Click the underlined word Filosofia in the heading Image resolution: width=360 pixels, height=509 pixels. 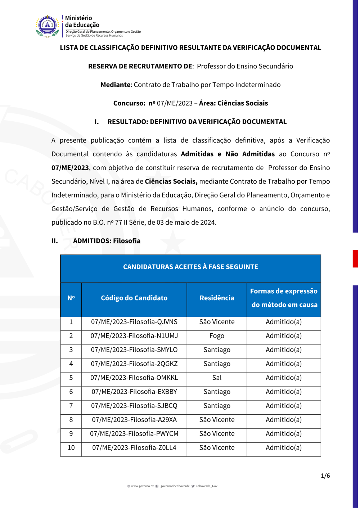click(127, 241)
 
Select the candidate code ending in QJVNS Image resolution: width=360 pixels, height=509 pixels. click(134, 322)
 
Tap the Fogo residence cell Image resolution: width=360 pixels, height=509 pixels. click(217, 336)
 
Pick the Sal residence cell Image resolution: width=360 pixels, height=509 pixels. click(217, 378)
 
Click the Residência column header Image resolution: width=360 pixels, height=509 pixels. click(217, 298)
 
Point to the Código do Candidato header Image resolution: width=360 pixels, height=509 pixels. click(134, 298)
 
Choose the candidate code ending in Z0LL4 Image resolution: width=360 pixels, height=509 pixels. click(134, 448)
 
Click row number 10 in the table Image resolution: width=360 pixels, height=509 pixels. click(71, 448)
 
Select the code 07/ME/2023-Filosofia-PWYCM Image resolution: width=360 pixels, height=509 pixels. click(134, 434)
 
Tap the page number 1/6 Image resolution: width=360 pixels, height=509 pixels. click(325, 476)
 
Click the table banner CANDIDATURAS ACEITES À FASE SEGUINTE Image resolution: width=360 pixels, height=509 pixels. click(190, 267)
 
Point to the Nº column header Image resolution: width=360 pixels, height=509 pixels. click(71, 298)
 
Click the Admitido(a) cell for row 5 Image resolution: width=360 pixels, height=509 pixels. click(284, 378)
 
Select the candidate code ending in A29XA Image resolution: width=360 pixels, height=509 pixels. click(134, 420)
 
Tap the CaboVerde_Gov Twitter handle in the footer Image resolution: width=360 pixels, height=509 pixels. click(206, 486)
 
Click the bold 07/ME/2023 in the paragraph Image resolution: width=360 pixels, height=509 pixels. click(70, 168)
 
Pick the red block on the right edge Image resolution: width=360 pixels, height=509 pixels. click(355, 258)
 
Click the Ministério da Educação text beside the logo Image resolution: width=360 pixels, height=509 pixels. click(82, 22)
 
